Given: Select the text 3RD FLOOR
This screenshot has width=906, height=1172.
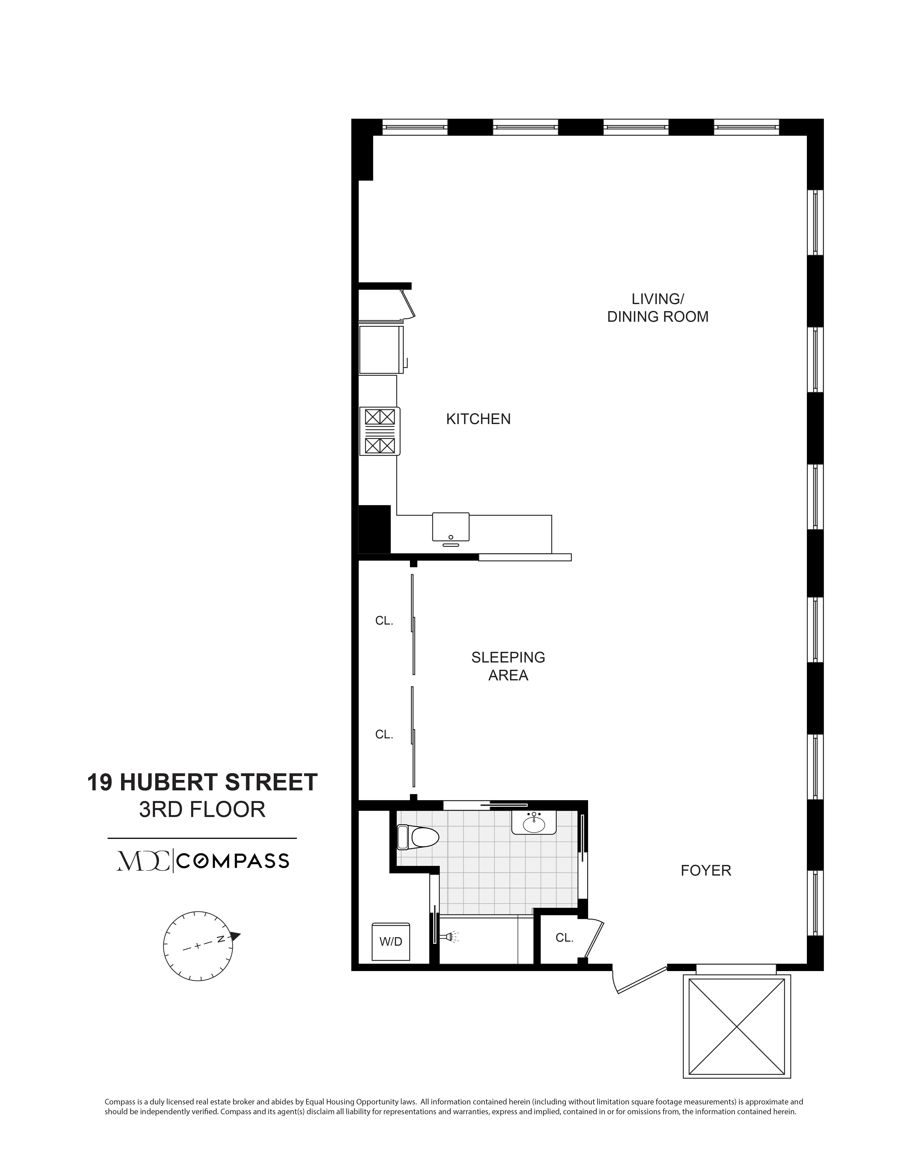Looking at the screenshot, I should [202, 809].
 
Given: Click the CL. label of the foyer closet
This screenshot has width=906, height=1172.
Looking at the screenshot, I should [564, 937].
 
